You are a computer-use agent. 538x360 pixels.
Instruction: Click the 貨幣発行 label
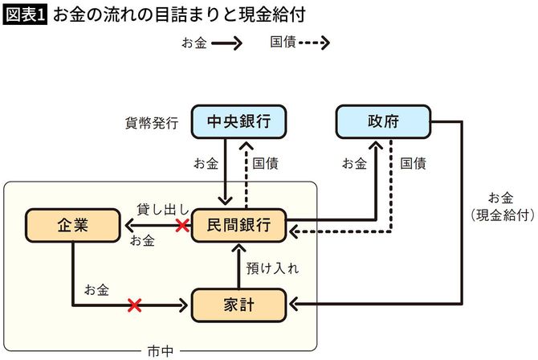coord(149,123)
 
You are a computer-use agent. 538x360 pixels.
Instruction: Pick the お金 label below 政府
coord(355,164)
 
